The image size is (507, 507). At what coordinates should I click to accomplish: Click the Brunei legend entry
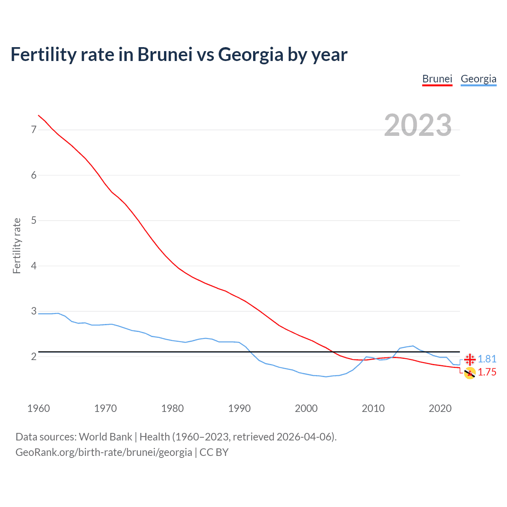point(437,79)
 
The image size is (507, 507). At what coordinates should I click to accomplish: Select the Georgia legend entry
point(478,79)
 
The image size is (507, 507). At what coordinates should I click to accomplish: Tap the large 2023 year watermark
point(417,125)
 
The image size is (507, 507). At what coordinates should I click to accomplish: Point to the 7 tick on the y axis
point(34,130)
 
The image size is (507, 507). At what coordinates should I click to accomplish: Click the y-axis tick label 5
point(34,220)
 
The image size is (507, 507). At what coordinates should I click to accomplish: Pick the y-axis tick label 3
point(34,311)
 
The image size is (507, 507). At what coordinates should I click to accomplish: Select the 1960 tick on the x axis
point(38,408)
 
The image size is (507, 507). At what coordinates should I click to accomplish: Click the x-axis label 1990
point(239,408)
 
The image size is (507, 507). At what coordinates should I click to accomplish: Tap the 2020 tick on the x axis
point(440,408)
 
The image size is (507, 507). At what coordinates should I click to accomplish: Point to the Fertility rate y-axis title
point(17,246)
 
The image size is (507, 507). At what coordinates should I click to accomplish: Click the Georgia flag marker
point(470,359)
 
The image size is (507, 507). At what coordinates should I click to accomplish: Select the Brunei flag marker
point(470,373)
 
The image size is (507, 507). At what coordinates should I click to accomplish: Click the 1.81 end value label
point(487,359)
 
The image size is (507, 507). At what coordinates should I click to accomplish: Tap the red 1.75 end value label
point(487,372)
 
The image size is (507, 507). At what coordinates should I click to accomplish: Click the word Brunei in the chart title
point(165,54)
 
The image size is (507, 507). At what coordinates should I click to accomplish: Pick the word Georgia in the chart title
point(250,54)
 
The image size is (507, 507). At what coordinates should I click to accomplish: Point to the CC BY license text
point(214,452)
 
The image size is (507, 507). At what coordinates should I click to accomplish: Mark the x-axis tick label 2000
point(306,408)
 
